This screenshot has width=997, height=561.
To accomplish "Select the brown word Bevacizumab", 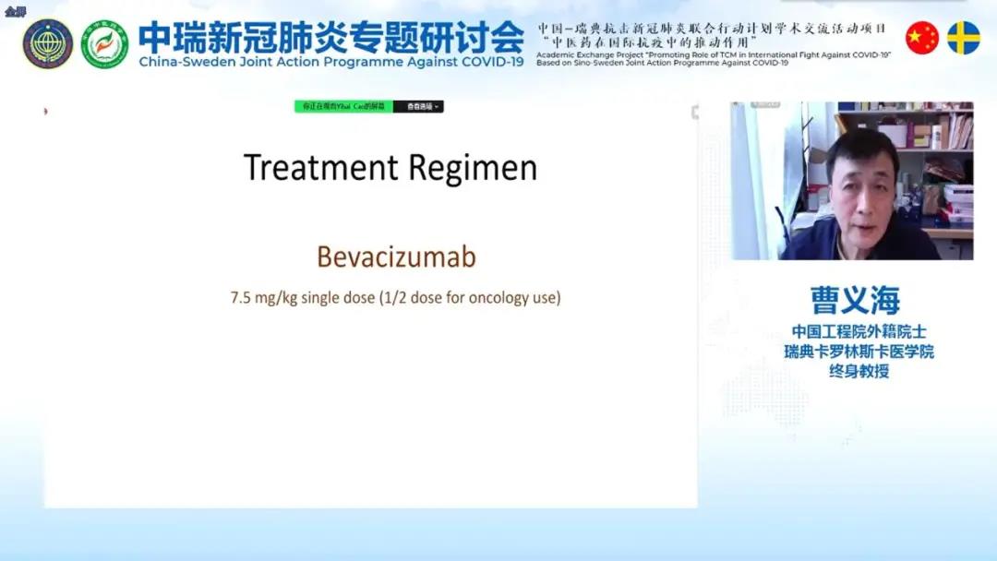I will [396, 257].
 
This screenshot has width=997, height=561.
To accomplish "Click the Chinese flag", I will [921, 38].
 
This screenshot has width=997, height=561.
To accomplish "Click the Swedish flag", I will [964, 38].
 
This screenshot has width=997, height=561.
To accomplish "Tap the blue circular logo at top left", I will [48, 43].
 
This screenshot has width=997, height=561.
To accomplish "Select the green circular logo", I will [104, 43].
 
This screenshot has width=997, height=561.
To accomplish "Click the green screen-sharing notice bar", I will [343, 106].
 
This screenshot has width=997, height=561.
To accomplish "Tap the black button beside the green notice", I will [418, 106].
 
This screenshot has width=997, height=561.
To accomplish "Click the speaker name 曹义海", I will [854, 300].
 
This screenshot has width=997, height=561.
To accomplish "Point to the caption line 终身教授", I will [854, 372].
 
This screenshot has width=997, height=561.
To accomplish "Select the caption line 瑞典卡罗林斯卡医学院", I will [859, 352].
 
